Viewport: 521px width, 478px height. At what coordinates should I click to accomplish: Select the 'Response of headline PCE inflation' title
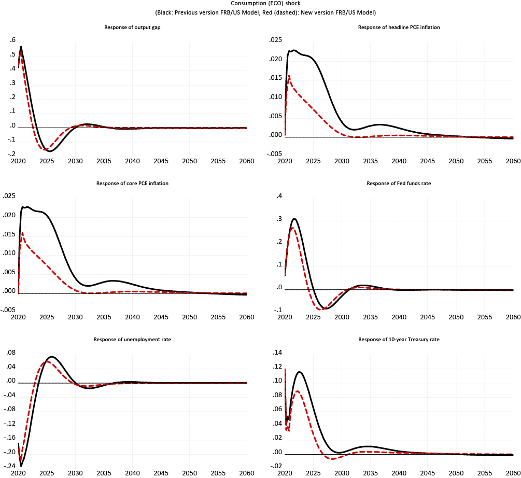pos(399,27)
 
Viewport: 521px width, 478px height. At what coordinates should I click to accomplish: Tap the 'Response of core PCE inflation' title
pos(132,184)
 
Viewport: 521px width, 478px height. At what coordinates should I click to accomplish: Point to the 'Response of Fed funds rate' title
pos(399,184)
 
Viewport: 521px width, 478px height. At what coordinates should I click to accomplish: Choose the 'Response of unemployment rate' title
pos(132,340)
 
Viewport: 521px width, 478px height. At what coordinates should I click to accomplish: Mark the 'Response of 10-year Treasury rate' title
pos(399,340)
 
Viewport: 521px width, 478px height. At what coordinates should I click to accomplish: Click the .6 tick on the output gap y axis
pos(13,40)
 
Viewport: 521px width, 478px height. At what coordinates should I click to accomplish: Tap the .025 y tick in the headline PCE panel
pos(275,40)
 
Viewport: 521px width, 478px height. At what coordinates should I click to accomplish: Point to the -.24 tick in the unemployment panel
pos(10,466)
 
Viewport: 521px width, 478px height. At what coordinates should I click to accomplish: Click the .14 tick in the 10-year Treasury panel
pos(277,353)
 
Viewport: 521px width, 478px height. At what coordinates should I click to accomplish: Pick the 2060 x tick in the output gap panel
pos(246,161)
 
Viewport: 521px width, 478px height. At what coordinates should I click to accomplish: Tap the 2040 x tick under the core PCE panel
pos(132,317)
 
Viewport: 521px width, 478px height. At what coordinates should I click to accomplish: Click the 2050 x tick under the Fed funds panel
pos(456,317)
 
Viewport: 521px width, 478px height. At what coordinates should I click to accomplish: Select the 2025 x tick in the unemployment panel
pos(47,473)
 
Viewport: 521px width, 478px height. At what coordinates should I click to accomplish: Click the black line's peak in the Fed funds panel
pos(294,218)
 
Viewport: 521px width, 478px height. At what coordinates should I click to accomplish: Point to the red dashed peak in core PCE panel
pos(22,233)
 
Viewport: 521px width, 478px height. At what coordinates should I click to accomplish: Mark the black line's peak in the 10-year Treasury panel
pos(299,371)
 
